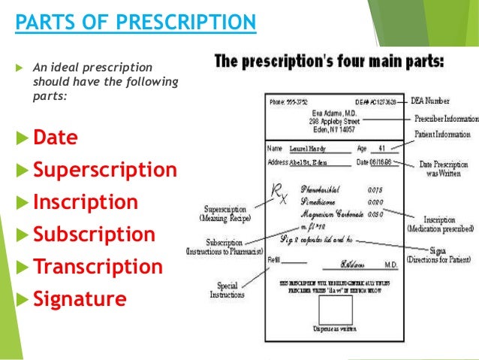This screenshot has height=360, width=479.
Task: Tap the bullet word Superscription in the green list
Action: [x=105, y=170]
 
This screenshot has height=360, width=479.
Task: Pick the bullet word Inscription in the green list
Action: [x=86, y=202]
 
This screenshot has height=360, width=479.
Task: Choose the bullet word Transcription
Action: [x=98, y=267]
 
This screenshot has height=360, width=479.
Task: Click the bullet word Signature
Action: [x=80, y=299]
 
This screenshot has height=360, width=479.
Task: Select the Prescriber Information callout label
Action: [x=446, y=118]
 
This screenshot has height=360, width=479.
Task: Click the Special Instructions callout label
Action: [x=227, y=290]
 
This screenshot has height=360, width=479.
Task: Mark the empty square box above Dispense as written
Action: [x=336, y=311]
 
